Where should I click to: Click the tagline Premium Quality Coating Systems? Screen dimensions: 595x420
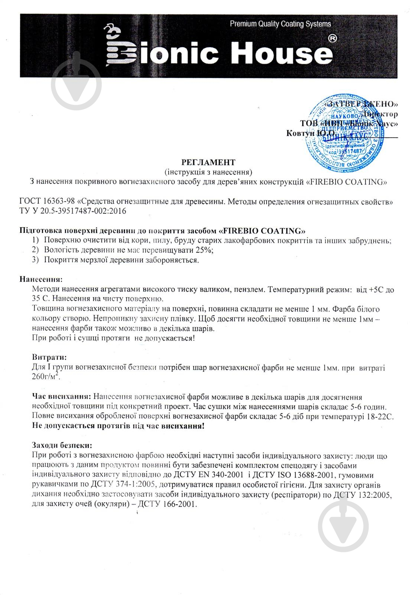tap(280, 24)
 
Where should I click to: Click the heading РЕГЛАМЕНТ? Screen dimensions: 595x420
tap(208, 163)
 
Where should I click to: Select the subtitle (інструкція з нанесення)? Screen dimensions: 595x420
tap(208, 172)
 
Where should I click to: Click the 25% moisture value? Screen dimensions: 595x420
tap(205, 250)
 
